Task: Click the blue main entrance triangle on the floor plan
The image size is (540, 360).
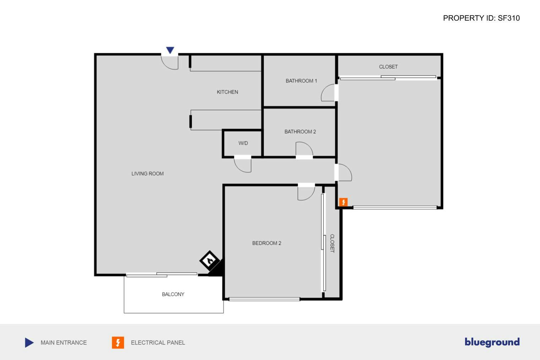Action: tap(170, 50)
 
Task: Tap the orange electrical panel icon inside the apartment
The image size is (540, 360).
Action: tap(343, 202)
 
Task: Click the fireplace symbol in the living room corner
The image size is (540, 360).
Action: tap(210, 260)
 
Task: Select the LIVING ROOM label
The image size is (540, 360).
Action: tap(147, 174)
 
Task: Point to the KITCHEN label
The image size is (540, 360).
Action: tap(227, 92)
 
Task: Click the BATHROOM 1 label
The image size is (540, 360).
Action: tap(301, 81)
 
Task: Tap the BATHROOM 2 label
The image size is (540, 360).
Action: tap(300, 132)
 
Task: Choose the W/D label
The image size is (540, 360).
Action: tap(243, 143)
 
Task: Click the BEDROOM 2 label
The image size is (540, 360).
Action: tap(267, 243)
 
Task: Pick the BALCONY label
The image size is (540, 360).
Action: tap(173, 294)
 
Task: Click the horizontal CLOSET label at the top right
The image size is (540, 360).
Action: tap(388, 67)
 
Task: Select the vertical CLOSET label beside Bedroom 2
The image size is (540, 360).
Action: tap(332, 243)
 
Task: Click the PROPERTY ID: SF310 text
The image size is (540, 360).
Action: tap(481, 18)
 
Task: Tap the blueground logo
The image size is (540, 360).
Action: tap(492, 342)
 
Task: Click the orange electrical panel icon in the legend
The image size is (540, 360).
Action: tap(118, 343)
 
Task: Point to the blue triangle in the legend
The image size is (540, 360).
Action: tap(29, 343)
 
